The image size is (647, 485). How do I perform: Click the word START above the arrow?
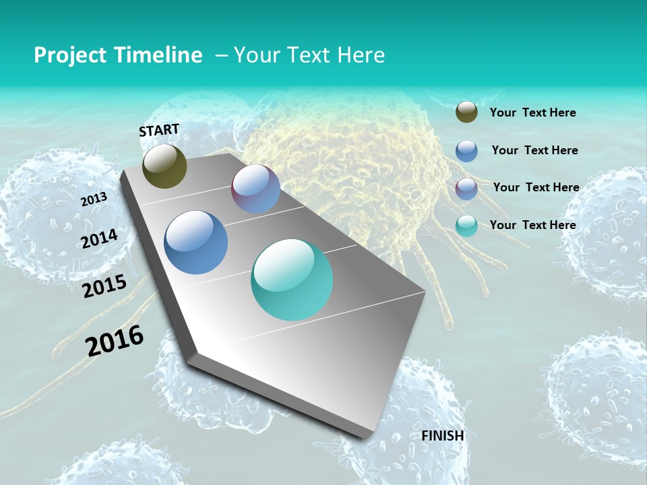pos(159,130)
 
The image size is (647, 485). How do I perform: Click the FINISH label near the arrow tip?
pos(443,436)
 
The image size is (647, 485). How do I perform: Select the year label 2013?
pos(94,199)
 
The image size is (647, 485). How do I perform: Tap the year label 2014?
pos(99,239)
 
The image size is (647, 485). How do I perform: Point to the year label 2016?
pos(115,340)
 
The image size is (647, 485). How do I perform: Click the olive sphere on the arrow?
pos(164,166)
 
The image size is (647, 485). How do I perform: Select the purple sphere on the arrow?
pos(255,189)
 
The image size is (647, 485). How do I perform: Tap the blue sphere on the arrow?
pos(196,243)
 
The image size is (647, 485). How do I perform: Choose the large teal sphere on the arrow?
pos(292,280)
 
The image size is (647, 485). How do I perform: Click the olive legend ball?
pos(466,112)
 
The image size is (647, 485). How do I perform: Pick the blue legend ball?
pos(466,151)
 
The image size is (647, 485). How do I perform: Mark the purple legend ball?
pos(466,189)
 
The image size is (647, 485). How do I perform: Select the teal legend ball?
pos(466,226)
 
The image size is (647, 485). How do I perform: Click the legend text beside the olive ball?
pos(532,113)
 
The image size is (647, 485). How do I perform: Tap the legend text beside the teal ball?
pos(532,225)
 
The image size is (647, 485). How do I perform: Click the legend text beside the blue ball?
pos(534,150)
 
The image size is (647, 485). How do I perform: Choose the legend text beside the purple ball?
pos(536,187)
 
